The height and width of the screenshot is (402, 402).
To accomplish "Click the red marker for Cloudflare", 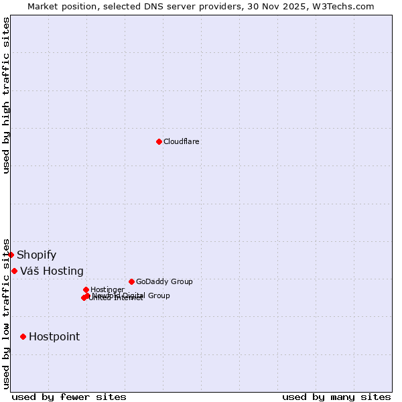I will pos(159,141).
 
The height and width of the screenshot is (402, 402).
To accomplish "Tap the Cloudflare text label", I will pos(182,141).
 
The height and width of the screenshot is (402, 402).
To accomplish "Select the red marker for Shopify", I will pos(11,255).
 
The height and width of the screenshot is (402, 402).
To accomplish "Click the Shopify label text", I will pos(36,255).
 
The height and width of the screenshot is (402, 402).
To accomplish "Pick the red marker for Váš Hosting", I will pos(14,271).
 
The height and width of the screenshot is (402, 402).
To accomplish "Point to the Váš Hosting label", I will pos(52,271).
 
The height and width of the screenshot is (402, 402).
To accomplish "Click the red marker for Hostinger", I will pos(86,289).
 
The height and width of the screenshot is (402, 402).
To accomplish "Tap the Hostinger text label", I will pos(107,289).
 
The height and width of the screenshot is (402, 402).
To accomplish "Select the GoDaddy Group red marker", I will pos(131,281).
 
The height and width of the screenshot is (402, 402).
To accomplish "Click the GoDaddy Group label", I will pos(164,281).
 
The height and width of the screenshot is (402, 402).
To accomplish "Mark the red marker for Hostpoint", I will pos(23,336).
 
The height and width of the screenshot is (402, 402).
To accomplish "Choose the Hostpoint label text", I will pos(54,336).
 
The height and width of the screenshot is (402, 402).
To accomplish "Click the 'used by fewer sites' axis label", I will pos(69,397).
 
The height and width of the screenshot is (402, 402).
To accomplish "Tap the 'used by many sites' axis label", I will pos(336,397).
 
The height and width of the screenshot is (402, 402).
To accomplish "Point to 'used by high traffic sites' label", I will pos(6,95).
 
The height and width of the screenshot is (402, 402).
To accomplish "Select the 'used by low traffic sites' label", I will pos(6,314).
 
